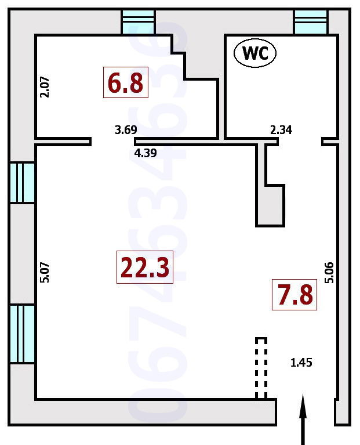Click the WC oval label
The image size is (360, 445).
255,53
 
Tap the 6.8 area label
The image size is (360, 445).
126,82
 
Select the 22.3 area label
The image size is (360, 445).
145,267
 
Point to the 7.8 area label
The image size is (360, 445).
294,295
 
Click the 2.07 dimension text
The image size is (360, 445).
45,87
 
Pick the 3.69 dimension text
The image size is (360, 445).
126,130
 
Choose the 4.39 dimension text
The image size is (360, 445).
146,153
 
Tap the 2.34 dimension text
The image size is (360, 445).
281,130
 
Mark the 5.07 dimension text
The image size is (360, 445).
45,273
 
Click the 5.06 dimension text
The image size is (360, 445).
329,273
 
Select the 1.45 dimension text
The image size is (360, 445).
301,363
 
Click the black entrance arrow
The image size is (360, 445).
303,419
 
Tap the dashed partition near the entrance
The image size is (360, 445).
261,368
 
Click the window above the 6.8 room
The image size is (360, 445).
139,22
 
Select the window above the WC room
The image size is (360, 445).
311,22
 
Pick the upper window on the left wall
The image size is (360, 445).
22,183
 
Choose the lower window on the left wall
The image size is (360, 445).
22,334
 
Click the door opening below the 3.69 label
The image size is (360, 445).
113,142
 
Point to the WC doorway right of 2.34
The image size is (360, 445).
300,142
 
